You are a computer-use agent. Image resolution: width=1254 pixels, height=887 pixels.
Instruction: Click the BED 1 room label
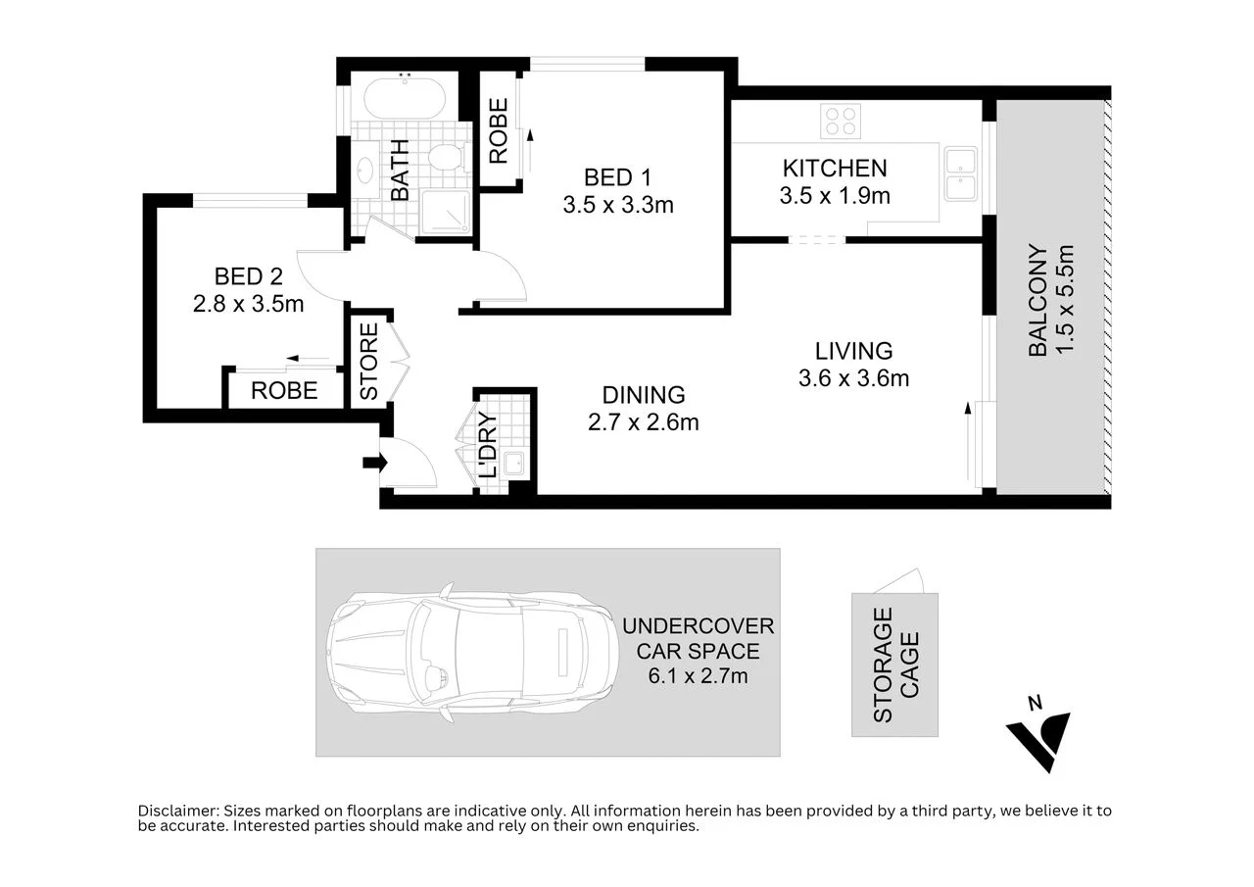coord(617,178)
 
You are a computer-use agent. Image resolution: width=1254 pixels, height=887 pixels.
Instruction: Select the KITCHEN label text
coord(835,169)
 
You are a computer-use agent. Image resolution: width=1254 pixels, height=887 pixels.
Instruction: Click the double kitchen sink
coord(960,172)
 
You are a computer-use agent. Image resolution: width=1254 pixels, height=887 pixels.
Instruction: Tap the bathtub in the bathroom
coord(405,99)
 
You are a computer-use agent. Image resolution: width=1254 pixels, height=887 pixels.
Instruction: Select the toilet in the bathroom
coord(448,158)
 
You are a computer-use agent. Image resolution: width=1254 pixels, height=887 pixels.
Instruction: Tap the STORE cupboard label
coord(368,362)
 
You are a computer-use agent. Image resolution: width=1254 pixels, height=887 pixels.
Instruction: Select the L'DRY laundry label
coord(488,446)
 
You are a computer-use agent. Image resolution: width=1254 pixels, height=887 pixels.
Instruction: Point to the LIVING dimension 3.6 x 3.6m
coord(853,377)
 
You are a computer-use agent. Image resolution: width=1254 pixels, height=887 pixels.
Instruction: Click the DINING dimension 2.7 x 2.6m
coord(643,422)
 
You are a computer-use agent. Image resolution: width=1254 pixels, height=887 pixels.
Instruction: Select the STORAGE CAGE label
coord(895,665)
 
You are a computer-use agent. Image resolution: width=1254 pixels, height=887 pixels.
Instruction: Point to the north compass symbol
coord(1038,732)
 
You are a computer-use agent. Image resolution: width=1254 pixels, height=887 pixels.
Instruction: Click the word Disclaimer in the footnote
coord(177,811)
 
